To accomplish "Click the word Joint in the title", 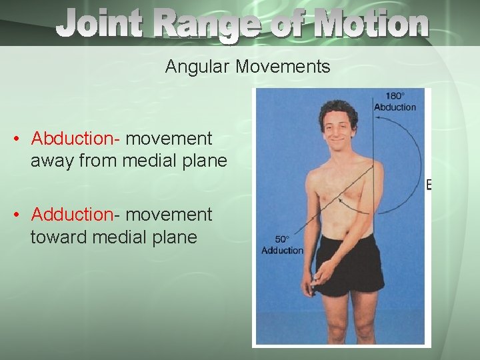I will pos(99,25).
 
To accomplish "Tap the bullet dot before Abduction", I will pos(17,139).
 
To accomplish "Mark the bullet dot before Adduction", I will pos(17,215).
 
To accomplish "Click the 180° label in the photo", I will pos(395,96).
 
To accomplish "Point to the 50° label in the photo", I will pos(283,239).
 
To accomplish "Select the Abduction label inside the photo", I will pos(395,107).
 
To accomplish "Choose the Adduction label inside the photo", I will pos(283,250).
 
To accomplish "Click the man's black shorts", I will pos(350,267).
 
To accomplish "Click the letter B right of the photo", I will pos(429,185).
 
